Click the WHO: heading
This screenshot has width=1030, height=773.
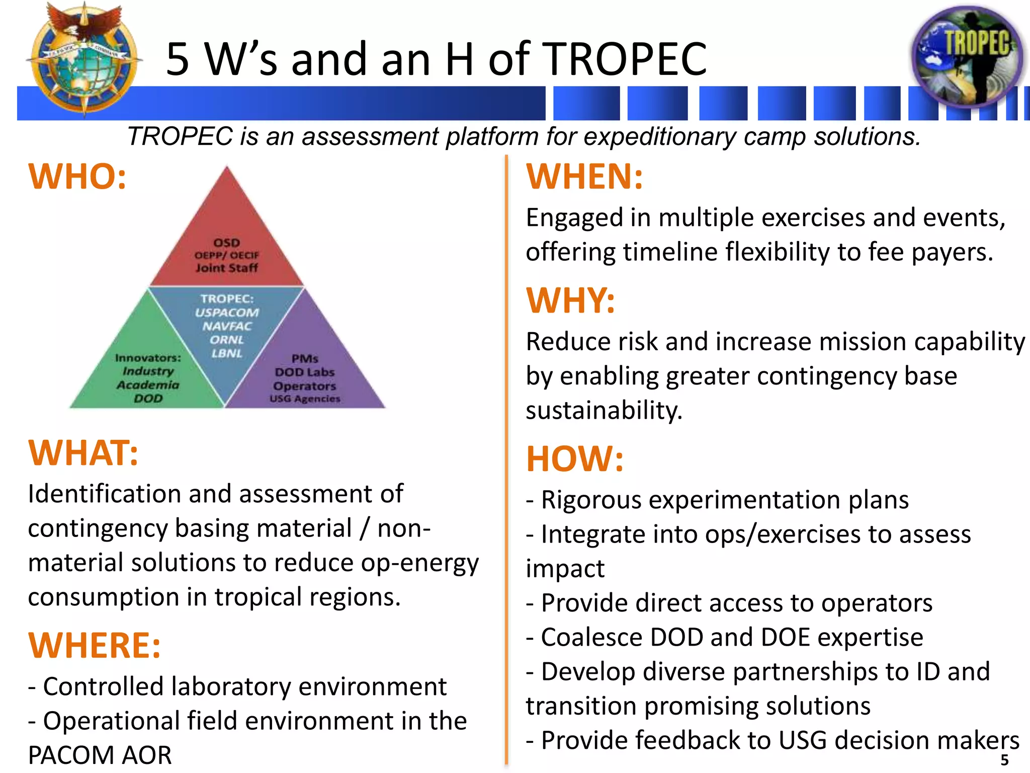pos(77,177)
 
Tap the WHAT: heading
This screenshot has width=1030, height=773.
pos(83,453)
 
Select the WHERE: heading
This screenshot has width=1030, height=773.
pos(95,645)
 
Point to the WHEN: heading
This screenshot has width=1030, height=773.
pos(584,177)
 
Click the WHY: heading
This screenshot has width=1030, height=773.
pos(570,301)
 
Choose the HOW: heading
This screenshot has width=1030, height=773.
pos(575,459)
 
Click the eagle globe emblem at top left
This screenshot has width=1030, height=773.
pos(83,56)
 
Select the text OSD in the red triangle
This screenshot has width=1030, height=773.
pos(227,243)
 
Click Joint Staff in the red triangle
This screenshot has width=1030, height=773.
pos(227,268)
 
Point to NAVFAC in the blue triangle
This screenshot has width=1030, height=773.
pos(227,326)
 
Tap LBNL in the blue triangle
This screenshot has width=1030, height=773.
pos(227,353)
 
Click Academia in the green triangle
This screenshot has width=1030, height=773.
pos(148,385)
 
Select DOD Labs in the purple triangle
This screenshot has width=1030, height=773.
pos(305,372)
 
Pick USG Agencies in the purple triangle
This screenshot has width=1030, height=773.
pos(305,399)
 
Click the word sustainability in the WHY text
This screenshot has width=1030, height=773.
pos(604,411)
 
